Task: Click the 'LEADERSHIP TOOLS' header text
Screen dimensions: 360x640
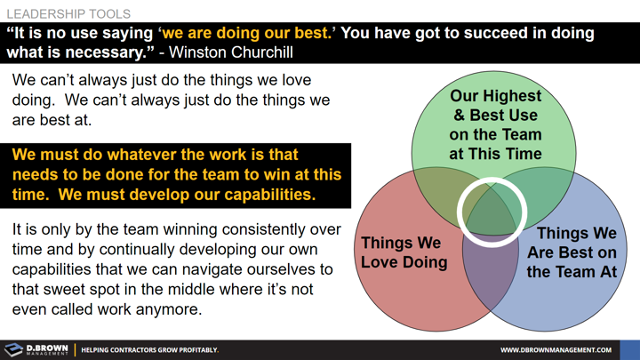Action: click(68, 14)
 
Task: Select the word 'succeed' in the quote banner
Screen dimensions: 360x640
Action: click(473, 33)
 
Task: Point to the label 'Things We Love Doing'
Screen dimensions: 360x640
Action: click(404, 252)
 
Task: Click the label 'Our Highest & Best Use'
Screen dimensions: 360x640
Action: click(495, 106)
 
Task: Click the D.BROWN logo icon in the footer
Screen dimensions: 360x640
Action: click(14, 349)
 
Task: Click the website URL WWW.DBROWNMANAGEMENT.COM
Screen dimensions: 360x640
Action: click(556, 350)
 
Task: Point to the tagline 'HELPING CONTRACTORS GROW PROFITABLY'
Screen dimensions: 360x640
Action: click(149, 350)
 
